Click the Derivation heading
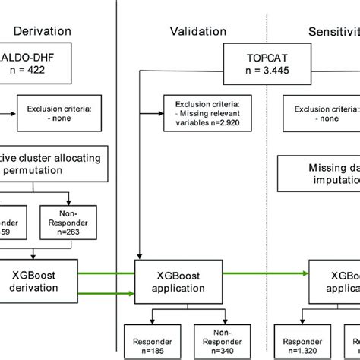pos(43,31)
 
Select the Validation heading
pos(197,31)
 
